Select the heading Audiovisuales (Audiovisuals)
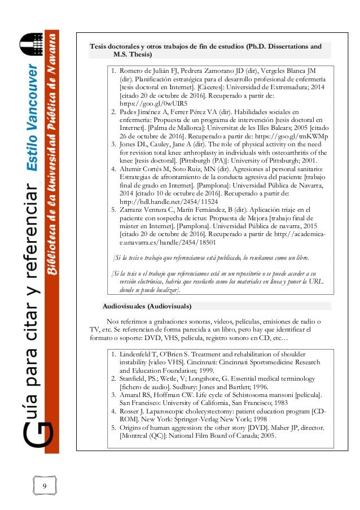coord(147,306)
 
